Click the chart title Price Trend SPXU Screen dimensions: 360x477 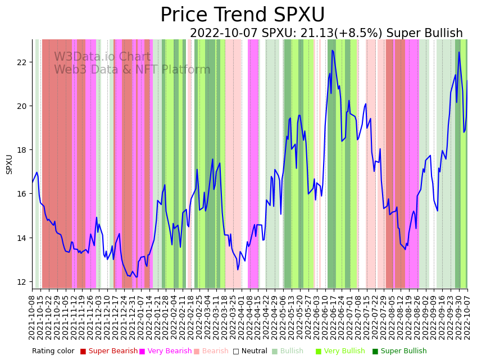pos(242,15)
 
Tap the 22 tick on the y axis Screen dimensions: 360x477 pos(22,62)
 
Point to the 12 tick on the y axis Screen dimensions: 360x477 pos(22,281)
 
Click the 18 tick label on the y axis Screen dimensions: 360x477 pos(22,150)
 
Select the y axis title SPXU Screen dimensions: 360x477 pos(9,164)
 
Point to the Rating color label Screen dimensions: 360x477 pos(53,351)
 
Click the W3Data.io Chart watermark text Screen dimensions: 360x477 pos(102,57)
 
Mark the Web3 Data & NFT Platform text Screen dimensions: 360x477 pos(132,70)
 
